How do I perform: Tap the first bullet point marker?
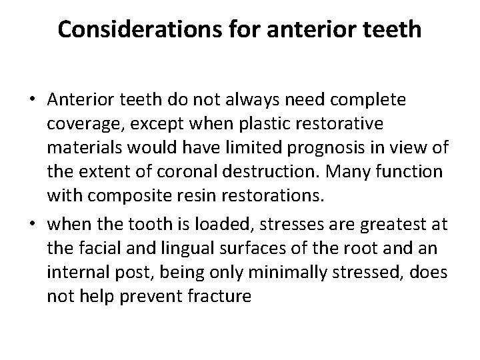tap(31, 100)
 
